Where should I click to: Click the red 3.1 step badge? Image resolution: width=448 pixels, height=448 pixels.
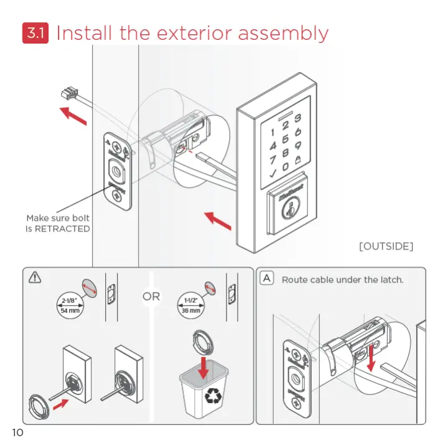(x=35, y=33)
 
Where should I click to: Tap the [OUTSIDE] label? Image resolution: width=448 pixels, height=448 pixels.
(x=386, y=246)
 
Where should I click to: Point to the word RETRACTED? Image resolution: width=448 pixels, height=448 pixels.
(x=62, y=229)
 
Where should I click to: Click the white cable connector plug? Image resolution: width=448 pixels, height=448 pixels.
(x=65, y=94)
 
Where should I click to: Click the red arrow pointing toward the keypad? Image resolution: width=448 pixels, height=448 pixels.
(x=217, y=220)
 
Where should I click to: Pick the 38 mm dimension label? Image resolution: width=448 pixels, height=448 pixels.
(x=190, y=310)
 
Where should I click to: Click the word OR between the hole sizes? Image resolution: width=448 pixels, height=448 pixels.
(x=151, y=296)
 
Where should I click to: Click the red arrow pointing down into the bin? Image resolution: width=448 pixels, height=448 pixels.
(x=203, y=366)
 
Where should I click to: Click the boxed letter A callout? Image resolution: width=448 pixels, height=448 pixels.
(x=266, y=279)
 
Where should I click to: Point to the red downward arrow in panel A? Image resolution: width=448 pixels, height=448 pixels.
(x=371, y=357)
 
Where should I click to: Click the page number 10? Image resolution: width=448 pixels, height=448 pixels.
(x=17, y=432)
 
